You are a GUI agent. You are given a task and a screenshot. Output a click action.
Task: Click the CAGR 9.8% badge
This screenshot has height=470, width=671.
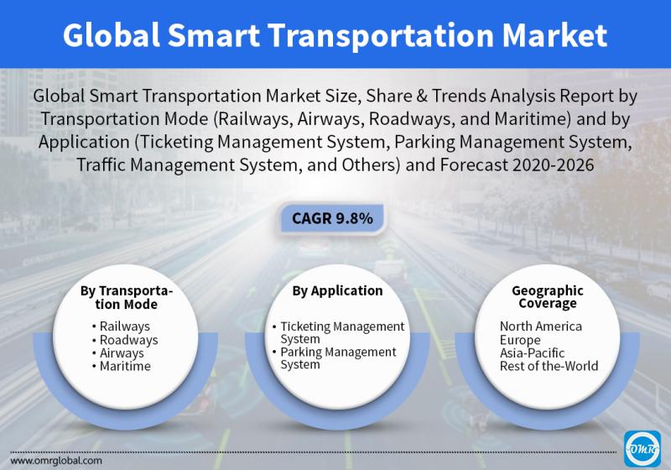pyautogui.click(x=331, y=218)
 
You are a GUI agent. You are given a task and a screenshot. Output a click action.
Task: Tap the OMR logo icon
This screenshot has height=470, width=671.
pyautogui.click(x=642, y=448)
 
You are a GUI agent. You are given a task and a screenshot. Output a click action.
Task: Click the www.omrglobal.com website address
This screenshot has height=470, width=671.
pyautogui.click(x=56, y=461)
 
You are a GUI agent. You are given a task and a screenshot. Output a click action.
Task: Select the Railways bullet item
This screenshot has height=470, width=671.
pyautogui.click(x=121, y=326)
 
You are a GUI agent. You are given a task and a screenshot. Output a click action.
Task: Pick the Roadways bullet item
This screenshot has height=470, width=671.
pyautogui.click(x=124, y=340)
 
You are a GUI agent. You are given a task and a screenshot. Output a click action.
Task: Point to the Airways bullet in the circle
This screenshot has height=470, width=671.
pyautogui.click(x=117, y=353)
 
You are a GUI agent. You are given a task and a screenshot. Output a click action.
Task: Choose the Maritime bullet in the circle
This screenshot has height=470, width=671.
pyautogui.click(x=121, y=366)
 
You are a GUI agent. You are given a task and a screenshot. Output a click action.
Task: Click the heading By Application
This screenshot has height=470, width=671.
pyautogui.click(x=338, y=290)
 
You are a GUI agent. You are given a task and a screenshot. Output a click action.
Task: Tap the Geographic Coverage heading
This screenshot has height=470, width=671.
pyautogui.click(x=548, y=296)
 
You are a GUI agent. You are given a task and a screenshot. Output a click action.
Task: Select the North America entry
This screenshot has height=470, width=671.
pyautogui.click(x=540, y=326)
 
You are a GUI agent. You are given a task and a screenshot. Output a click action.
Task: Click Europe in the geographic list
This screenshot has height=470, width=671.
pyautogui.click(x=520, y=340)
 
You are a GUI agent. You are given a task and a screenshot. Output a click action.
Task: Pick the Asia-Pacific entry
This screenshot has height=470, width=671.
pyautogui.click(x=532, y=353)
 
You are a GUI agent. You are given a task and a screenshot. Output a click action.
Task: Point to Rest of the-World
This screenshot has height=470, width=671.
pyautogui.click(x=549, y=366)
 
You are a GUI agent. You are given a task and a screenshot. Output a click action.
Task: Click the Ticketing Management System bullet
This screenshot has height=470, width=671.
pyautogui.click(x=338, y=332)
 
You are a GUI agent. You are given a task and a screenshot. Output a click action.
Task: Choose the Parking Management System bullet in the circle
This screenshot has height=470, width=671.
pyautogui.click(x=334, y=358)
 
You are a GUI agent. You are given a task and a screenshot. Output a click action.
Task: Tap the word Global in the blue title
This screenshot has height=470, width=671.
pyautogui.click(x=112, y=34)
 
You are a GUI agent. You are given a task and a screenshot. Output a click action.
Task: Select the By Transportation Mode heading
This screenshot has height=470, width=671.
pyautogui.click(x=127, y=297)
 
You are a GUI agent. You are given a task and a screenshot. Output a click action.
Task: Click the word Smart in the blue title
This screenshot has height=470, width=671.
pyautogui.click(x=214, y=34)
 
